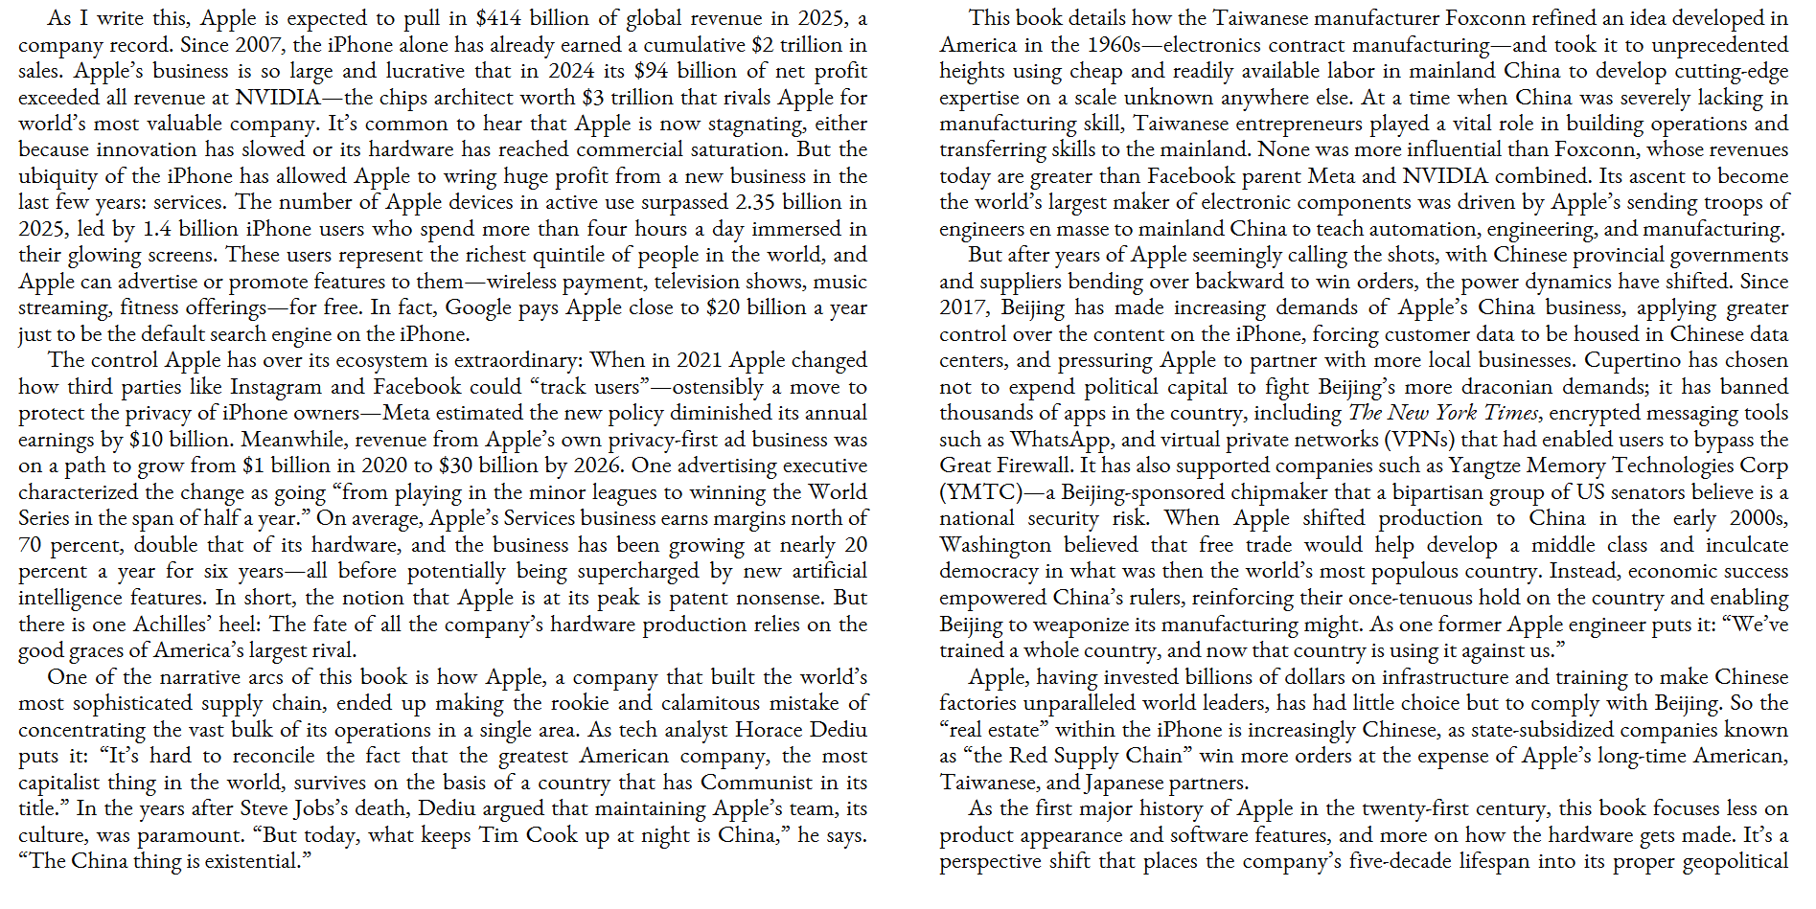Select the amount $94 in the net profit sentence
click(x=651, y=71)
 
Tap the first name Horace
click(x=768, y=730)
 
